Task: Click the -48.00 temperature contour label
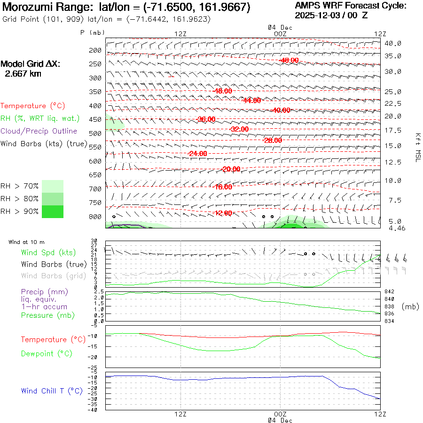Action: pos(222,91)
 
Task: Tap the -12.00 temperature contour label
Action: pos(222,213)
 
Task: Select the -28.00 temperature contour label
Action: pos(273,140)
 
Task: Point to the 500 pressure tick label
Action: pos(95,133)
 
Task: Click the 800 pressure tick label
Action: pos(95,217)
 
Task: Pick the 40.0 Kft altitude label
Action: pos(393,43)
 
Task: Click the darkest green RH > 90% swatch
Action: pos(53,211)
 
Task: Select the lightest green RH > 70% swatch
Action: pos(53,186)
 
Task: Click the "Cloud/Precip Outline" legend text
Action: pos(39,131)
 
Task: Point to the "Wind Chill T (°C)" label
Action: pos(52,391)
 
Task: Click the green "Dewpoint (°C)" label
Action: pos(47,353)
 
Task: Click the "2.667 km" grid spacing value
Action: pos(23,73)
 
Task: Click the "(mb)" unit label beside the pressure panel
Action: pos(410,306)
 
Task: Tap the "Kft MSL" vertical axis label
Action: pos(416,147)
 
